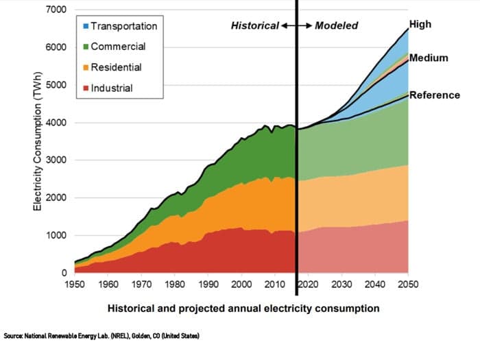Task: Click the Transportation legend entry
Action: [123, 26]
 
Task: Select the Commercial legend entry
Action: [117, 47]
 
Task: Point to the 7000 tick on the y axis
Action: [56, 10]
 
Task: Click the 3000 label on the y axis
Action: [56, 160]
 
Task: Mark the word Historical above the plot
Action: [254, 26]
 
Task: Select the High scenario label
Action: [420, 25]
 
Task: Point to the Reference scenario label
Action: [434, 95]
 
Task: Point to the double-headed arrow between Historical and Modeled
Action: [296, 26]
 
